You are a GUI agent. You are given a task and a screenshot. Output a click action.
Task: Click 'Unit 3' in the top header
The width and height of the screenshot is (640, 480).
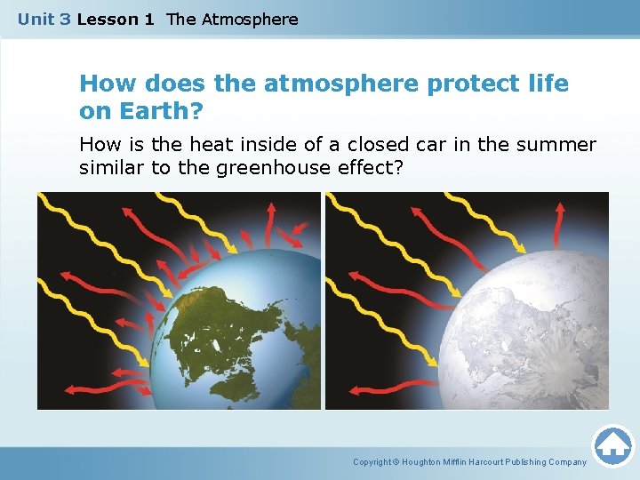44,19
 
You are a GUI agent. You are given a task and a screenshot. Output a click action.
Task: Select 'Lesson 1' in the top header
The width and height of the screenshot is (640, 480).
116,19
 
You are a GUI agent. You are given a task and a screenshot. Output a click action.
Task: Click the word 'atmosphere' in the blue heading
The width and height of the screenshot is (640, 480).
341,84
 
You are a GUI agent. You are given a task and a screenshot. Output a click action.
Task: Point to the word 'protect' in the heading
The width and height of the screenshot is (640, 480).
472,84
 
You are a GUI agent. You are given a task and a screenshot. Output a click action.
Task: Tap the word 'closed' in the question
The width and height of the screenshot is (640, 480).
393,144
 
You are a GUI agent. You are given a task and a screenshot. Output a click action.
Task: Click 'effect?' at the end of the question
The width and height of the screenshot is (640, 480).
373,168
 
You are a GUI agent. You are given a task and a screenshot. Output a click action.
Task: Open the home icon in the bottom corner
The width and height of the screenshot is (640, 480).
613,445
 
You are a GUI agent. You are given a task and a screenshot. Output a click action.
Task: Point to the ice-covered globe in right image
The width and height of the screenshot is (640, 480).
524,338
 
